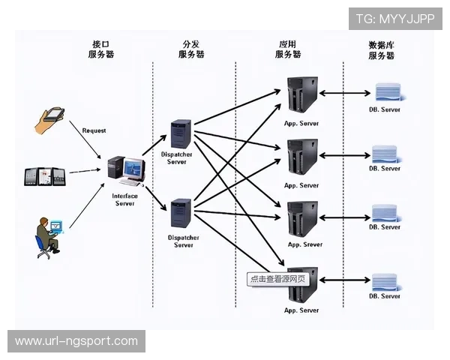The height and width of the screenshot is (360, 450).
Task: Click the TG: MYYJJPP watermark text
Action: click(395, 19)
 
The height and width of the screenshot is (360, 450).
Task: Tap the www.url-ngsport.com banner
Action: click(76, 341)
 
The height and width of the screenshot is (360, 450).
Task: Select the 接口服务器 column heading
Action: click(101, 49)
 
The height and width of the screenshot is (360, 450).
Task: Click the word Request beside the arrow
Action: click(94, 130)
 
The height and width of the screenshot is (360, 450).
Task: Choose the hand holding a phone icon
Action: click(52, 118)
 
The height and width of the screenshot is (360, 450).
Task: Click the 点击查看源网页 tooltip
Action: click(278, 278)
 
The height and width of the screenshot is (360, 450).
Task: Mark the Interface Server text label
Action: click(124, 199)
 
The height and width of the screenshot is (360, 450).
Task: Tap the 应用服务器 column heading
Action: click(288, 49)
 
